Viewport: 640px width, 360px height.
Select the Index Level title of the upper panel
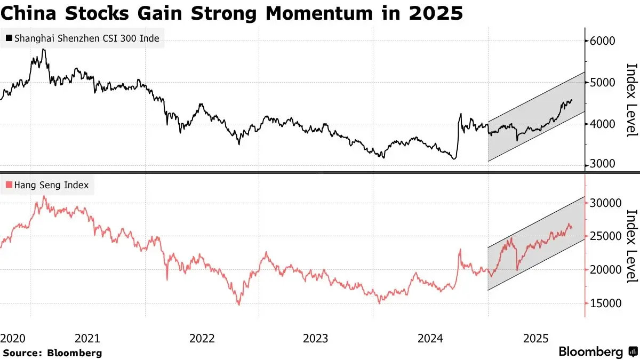coord(631,100)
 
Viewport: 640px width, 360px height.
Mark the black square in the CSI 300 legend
coord(9,38)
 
